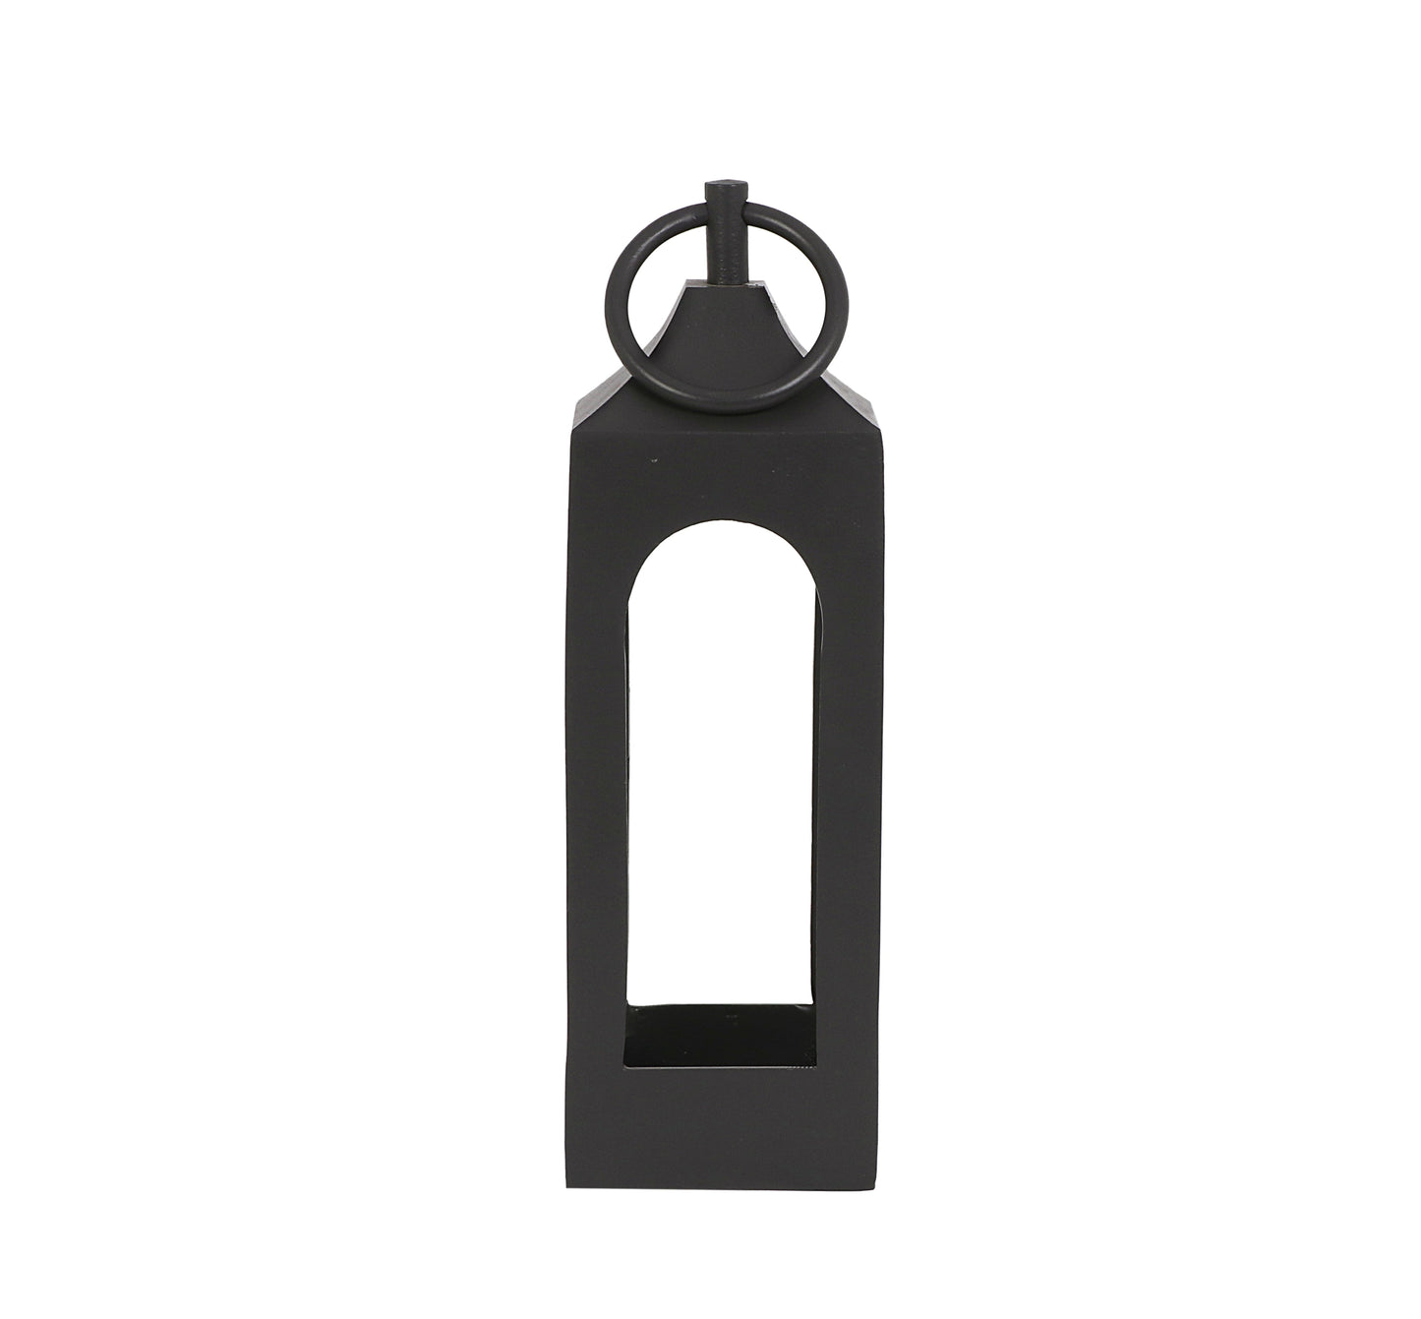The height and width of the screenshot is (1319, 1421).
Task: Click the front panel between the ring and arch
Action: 722,462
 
